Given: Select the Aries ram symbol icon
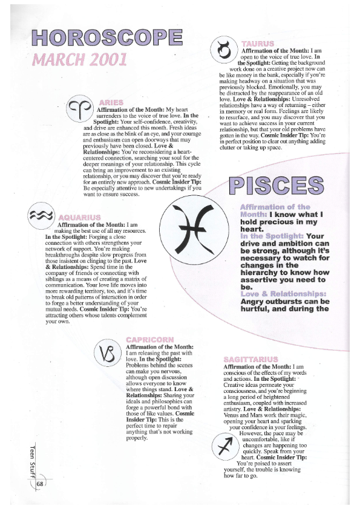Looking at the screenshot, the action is [80, 109].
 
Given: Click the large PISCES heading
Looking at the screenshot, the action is [275, 186].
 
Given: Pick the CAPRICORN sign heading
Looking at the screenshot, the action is [151, 339].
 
